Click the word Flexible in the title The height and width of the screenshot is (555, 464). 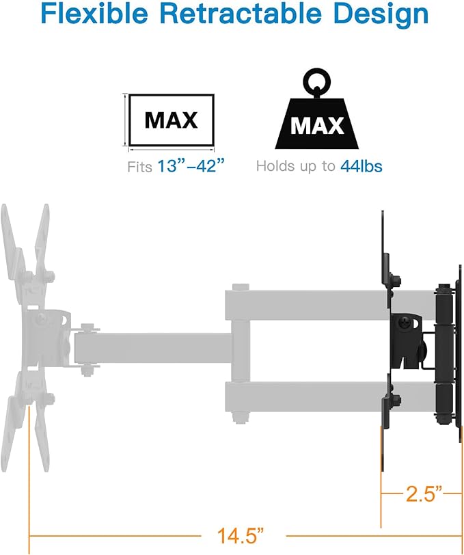coord(94,14)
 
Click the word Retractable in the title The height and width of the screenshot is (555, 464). coord(241,14)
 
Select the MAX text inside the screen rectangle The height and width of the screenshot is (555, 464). coord(171,120)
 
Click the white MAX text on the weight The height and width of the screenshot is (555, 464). coord(317,125)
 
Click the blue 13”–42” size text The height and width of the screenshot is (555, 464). coord(191,165)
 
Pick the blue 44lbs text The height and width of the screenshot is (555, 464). coord(361,165)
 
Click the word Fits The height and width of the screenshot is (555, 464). coord(140,166)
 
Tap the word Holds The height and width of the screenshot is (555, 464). coord(275,165)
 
